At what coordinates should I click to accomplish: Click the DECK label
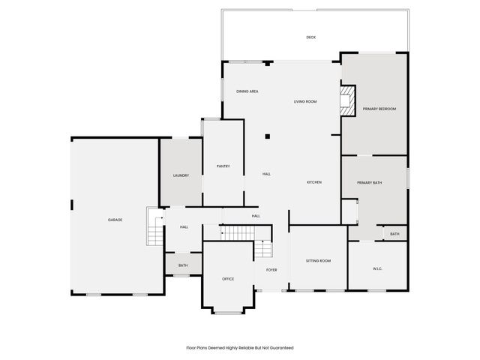point(310,37)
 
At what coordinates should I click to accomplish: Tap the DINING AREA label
point(247,91)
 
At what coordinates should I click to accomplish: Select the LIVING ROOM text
point(305,101)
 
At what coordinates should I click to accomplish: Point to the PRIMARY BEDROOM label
point(379,109)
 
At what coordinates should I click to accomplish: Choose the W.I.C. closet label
point(379,268)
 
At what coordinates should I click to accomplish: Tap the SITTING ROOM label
point(318,261)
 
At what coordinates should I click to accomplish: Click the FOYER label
point(271,270)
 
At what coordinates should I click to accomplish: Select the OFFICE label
point(228,279)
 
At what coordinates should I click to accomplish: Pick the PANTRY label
point(223,166)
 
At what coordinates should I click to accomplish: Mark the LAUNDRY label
point(181,175)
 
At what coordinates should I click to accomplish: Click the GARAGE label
point(115,220)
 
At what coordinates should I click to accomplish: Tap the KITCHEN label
point(314,182)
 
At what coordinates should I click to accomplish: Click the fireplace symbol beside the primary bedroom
point(347,101)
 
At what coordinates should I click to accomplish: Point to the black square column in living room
point(268,136)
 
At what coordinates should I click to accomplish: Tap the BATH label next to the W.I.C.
point(394,235)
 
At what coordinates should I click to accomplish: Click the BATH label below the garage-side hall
point(183,265)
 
